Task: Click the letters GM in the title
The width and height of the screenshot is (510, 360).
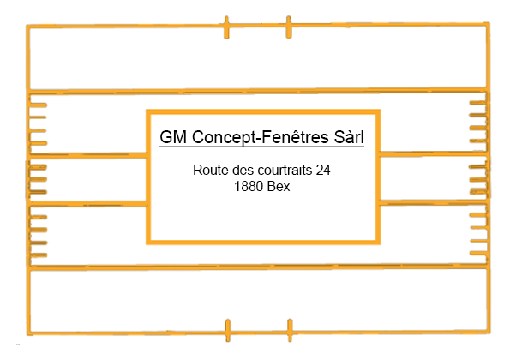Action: pos(173,137)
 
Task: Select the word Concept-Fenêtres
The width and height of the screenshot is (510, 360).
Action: pos(261,137)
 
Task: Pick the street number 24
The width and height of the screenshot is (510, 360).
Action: pos(323,170)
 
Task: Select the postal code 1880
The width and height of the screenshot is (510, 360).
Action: pos(247,187)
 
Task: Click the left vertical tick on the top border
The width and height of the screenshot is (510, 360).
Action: pos(226,27)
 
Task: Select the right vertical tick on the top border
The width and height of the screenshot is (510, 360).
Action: pos(289,27)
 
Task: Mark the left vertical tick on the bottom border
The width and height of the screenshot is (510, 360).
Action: pos(228,330)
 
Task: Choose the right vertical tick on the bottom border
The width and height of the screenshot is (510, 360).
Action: pos(290,330)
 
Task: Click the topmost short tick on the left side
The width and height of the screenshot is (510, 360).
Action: pos(39,105)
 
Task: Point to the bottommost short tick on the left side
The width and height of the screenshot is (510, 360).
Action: pos(39,255)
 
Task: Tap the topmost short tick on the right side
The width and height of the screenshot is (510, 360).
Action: pos(477,103)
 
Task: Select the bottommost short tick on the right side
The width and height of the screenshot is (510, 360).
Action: pos(478,253)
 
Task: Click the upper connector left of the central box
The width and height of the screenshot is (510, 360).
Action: pos(88,155)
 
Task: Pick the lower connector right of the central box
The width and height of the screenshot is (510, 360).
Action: pos(433,202)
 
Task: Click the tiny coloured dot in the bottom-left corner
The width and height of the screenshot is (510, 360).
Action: pos(18,345)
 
